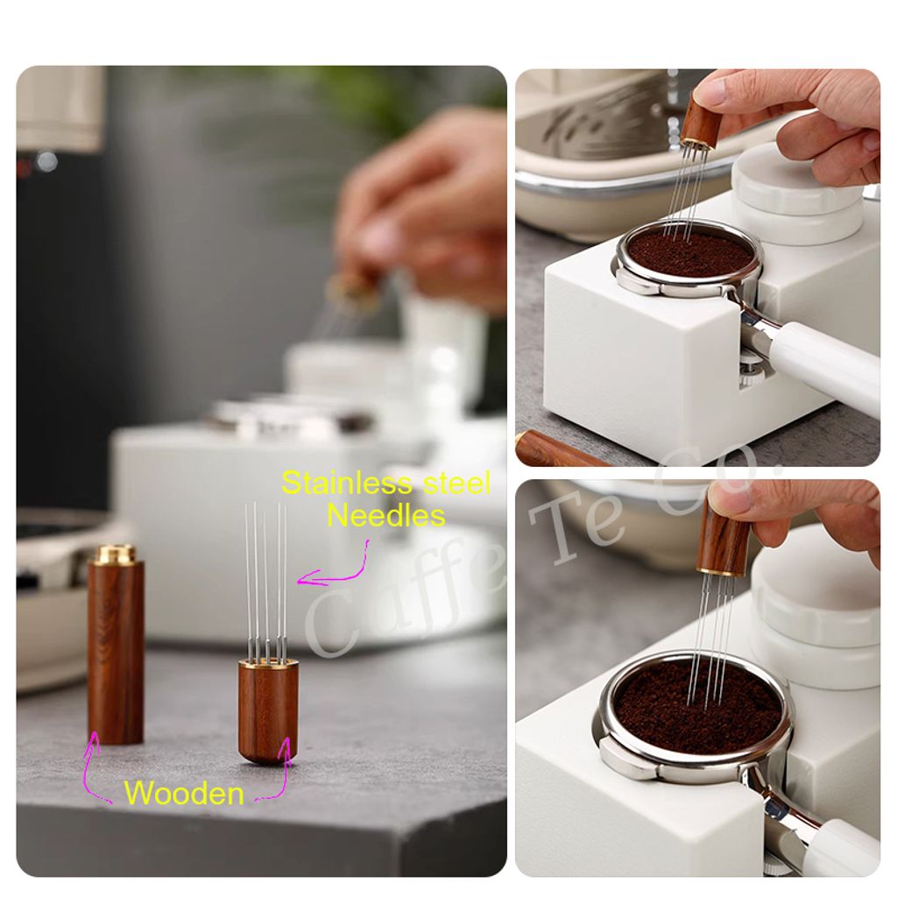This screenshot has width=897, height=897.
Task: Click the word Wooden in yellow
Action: click(x=184, y=794)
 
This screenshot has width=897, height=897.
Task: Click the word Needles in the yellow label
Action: click(x=385, y=515)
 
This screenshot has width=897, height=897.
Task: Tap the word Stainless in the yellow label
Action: click(x=347, y=484)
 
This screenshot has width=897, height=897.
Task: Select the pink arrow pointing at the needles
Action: click(x=337, y=569)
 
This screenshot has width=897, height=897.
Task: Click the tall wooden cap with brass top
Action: click(x=116, y=645)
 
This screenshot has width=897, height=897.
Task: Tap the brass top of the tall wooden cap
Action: click(x=116, y=554)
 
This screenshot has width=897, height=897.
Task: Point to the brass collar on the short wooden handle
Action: click(x=268, y=665)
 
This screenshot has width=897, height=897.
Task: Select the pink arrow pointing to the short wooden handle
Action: click(x=280, y=769)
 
